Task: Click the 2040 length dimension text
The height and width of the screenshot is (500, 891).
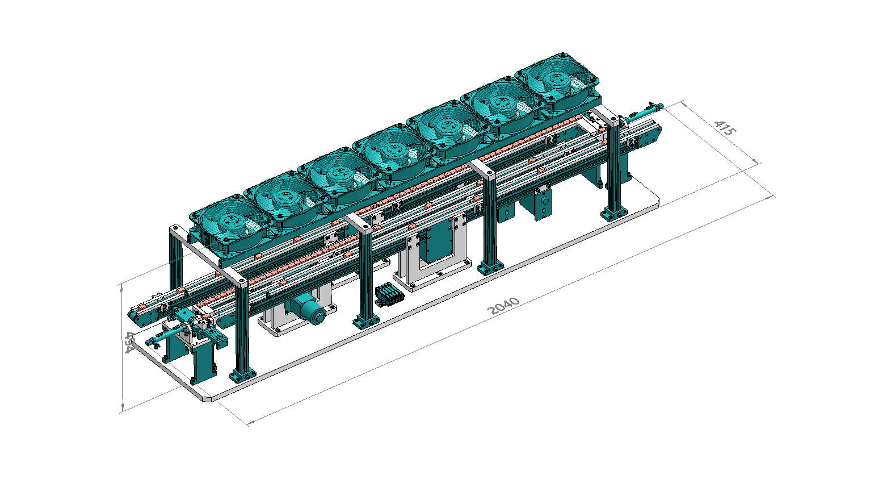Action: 503,305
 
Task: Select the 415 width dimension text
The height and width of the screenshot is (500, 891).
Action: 725,127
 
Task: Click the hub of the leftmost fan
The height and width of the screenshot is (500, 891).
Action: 229,220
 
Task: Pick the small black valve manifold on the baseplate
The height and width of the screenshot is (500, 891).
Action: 389,294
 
